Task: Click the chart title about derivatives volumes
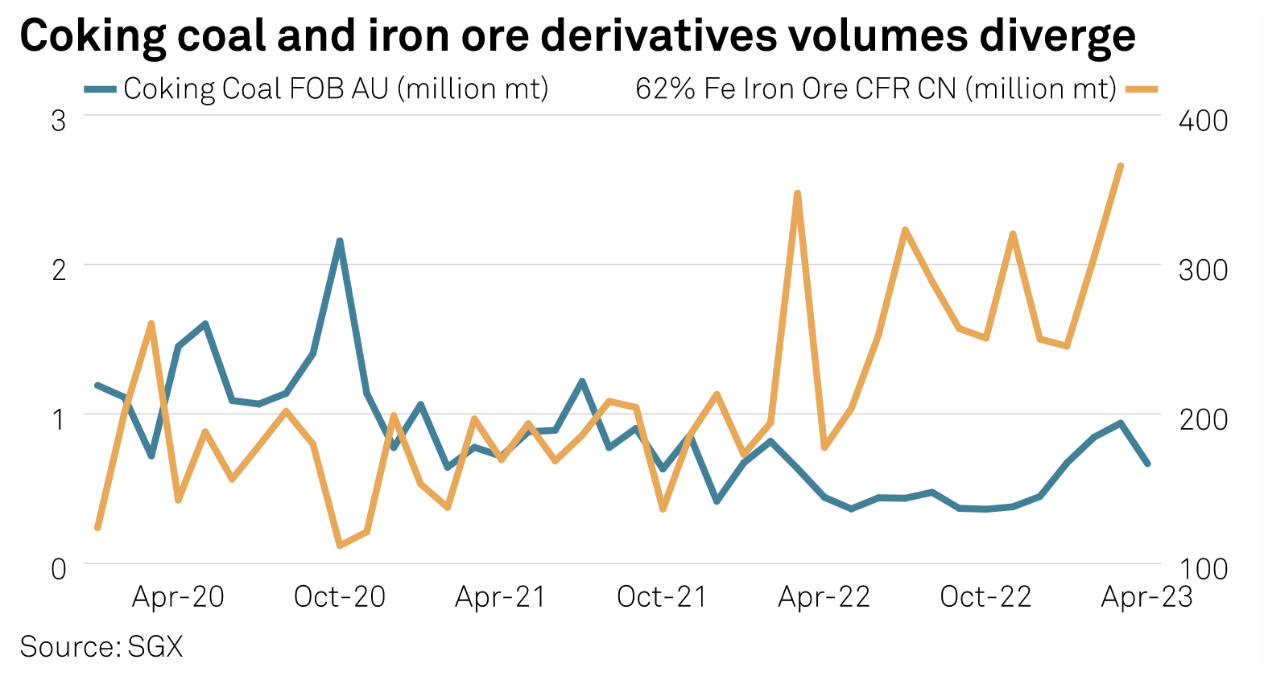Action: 577,36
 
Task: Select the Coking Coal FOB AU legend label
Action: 336,89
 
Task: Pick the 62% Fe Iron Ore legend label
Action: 876,89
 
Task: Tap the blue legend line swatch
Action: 101,89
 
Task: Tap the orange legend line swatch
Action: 1141,89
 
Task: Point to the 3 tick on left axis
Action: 58,121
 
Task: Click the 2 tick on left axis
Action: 58,270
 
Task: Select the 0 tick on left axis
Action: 58,569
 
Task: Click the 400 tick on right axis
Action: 1203,121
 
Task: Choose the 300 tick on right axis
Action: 1203,270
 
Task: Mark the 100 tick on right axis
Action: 1203,569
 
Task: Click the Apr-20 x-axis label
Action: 178,597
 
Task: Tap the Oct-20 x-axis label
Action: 340,597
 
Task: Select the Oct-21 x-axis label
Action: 662,597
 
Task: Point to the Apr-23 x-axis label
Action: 1146,597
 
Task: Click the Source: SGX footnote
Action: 101,646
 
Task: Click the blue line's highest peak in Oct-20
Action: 340,241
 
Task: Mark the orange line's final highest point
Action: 1120,166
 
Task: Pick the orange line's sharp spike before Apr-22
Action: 797,193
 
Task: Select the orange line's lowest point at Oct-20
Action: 340,546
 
